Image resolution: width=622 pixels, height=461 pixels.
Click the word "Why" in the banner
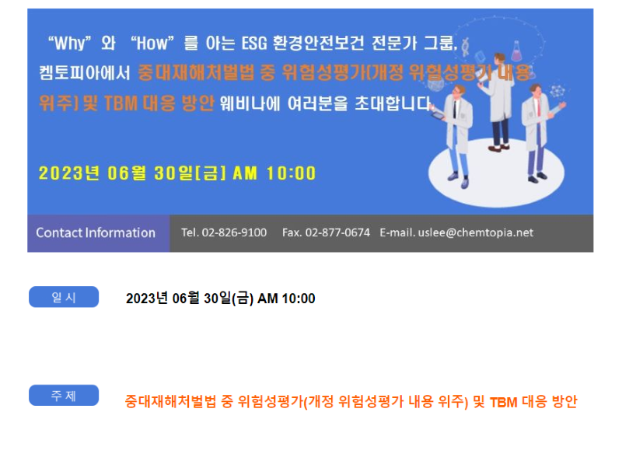[70, 43]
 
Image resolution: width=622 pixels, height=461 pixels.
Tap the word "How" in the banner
[152, 43]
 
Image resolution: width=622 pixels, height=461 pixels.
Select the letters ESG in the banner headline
[254, 43]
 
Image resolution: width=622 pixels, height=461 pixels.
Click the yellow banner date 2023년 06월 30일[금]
[132, 173]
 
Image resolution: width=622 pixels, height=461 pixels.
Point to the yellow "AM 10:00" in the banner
[274, 173]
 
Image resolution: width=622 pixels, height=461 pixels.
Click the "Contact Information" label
[96, 232]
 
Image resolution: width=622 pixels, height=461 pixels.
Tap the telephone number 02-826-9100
[234, 232]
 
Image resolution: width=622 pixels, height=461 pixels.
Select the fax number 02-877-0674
[337, 232]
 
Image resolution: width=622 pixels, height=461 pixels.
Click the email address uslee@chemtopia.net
[475, 232]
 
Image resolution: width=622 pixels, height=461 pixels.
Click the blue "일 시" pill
[64, 297]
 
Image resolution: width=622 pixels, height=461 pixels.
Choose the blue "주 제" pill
[64, 395]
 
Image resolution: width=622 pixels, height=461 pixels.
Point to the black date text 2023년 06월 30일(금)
[190, 299]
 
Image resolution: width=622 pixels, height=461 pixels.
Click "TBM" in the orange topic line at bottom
[503, 402]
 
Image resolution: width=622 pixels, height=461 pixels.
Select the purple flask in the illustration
[516, 51]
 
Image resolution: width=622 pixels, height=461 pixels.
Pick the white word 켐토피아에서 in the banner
[85, 73]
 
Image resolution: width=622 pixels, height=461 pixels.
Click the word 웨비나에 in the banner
[250, 103]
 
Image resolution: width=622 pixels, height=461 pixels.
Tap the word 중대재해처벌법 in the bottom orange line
[170, 402]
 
